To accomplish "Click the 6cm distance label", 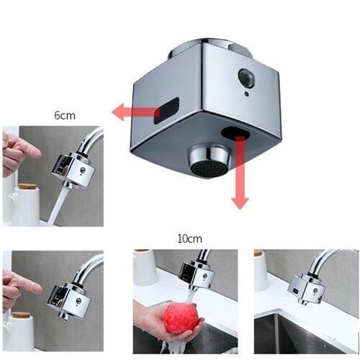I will [64, 115].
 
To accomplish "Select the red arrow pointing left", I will [134, 112].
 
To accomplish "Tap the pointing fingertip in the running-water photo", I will [35, 153].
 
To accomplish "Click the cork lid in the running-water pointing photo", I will [27, 187].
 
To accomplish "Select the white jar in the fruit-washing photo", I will [144, 268].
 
